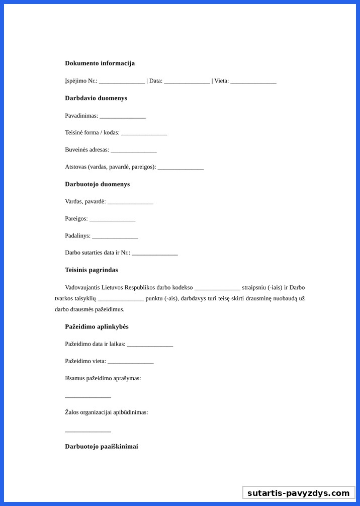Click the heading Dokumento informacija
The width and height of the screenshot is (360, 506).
[x=100, y=63]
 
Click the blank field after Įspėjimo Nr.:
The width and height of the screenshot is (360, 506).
[x=122, y=81]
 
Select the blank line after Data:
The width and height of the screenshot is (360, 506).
[x=187, y=81]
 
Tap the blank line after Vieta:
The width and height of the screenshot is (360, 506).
[x=253, y=81]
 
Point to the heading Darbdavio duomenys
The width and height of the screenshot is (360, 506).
[x=96, y=98]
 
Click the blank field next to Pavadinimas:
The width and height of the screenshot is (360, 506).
[x=123, y=116]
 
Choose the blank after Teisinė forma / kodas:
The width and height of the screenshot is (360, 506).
[x=144, y=133]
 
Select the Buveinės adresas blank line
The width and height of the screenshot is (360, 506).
[x=134, y=150]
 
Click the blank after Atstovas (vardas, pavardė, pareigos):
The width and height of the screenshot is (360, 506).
[x=181, y=167]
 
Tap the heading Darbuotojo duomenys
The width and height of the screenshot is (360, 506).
[x=98, y=184]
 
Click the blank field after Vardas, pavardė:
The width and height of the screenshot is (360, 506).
[x=130, y=202]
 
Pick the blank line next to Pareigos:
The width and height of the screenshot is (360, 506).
[x=113, y=219]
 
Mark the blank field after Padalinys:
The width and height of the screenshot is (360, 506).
[x=115, y=236]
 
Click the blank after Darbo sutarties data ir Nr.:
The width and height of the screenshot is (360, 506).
[x=155, y=254]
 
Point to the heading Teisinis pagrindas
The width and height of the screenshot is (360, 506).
[x=92, y=270]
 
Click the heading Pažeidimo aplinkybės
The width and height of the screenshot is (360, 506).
[x=97, y=327]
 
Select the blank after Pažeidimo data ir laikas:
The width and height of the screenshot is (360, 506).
[x=150, y=345]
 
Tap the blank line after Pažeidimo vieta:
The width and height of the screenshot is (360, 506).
[x=130, y=362]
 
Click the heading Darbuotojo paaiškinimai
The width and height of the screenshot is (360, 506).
[x=102, y=447]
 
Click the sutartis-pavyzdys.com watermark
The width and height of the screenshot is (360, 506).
[x=299, y=493]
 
